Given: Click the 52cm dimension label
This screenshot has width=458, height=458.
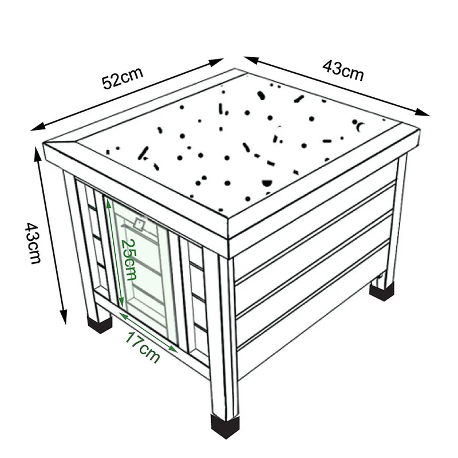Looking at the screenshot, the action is (123, 78).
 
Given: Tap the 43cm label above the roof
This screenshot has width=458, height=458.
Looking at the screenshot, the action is (343, 70).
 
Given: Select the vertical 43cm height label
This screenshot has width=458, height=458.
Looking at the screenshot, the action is (33, 243).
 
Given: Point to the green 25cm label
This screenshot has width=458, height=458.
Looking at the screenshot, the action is (128, 259).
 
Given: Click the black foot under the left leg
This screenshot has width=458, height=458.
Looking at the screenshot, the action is (100, 323).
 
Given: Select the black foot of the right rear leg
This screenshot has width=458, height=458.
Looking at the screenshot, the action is (381, 291).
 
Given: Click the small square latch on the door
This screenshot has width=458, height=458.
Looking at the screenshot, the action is (139, 224).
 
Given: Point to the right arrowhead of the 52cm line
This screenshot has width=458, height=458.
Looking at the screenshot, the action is (216, 62).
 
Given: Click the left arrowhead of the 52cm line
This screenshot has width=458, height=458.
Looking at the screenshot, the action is (38, 127).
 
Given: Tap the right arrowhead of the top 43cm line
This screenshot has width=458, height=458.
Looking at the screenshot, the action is (423, 112).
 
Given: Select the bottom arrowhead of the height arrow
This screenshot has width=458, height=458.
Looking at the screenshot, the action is (64, 317).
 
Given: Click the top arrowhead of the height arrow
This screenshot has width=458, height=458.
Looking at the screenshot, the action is (38, 155).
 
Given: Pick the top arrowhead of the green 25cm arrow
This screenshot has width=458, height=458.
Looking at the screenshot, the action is (108, 204).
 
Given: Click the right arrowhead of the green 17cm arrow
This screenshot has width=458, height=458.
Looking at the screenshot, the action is (173, 349).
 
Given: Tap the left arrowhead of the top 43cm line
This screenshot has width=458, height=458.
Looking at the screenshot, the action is (251, 60).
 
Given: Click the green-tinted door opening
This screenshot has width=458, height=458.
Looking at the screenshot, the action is (141, 269).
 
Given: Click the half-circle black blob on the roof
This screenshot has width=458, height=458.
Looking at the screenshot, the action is (266, 183).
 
